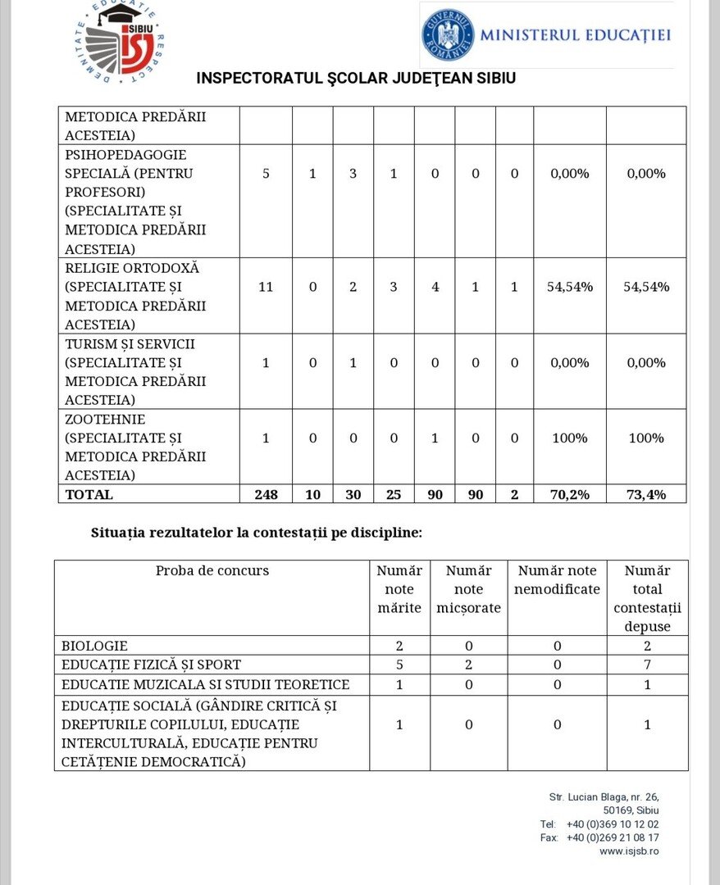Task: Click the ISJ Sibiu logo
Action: pyautogui.click(x=121, y=42)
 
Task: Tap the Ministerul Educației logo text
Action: pyautogui.click(x=575, y=35)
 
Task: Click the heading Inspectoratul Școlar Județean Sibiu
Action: pyautogui.click(x=356, y=79)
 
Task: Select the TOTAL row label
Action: pyautogui.click(x=89, y=494)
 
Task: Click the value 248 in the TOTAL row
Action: pyautogui.click(x=266, y=494)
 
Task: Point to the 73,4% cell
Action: pyautogui.click(x=646, y=494)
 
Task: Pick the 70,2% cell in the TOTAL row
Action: pyautogui.click(x=569, y=494)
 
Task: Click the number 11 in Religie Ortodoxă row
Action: pyautogui.click(x=266, y=287)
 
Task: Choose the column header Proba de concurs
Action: pyautogui.click(x=212, y=571)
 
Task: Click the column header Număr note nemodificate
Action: pyautogui.click(x=557, y=579)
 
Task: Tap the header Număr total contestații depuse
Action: pyautogui.click(x=647, y=598)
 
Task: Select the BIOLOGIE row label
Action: pyautogui.click(x=94, y=646)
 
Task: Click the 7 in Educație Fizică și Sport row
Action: pyautogui.click(x=647, y=665)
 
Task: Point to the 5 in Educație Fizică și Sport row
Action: pyautogui.click(x=399, y=665)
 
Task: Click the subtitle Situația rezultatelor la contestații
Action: pyautogui.click(x=257, y=533)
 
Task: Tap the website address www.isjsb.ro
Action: pyautogui.click(x=629, y=851)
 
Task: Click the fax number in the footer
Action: pyautogui.click(x=612, y=837)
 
